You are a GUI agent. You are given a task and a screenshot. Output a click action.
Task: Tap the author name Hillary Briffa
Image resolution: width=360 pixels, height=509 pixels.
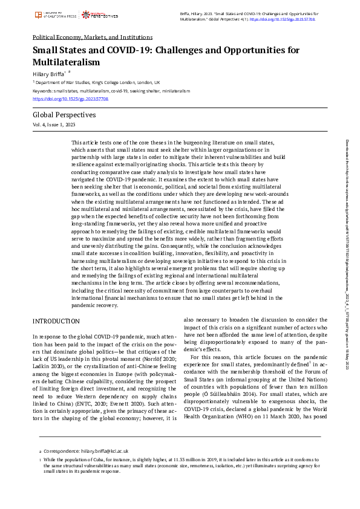48,73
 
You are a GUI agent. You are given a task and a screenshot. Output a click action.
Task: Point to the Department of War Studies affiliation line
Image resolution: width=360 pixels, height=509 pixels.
97,82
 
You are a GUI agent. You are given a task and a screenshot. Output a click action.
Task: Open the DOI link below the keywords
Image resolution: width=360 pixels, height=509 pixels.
70,99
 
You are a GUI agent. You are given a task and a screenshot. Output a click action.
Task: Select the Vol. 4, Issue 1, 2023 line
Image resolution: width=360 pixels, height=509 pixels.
54,124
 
